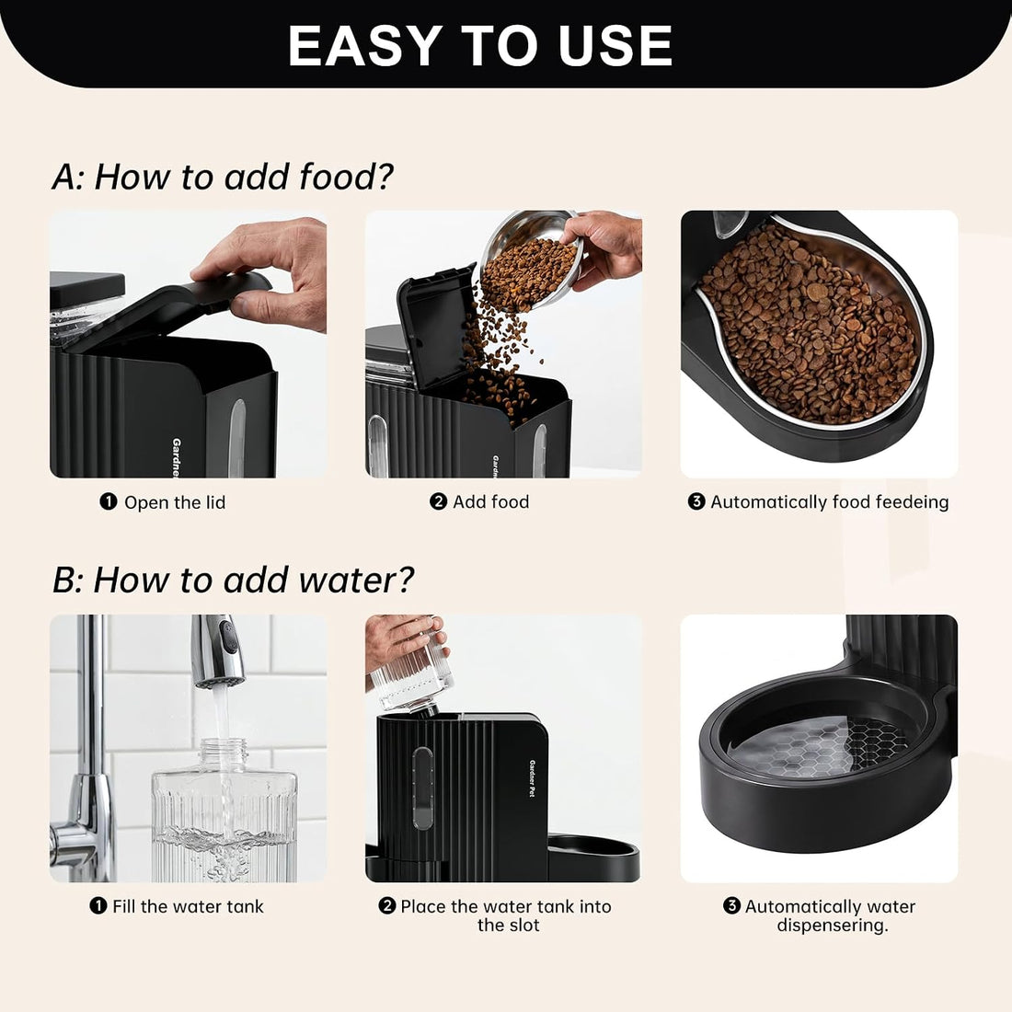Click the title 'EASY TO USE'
coord(480,45)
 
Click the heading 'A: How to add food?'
coord(223,177)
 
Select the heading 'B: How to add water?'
coord(233,580)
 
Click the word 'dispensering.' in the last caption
coord(833,926)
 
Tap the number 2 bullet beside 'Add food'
coord(438,501)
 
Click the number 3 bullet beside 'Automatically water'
coord(731,905)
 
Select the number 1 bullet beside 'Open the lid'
coord(109,501)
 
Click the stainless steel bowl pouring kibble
coord(529,259)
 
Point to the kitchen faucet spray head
coord(218,652)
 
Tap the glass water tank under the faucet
coord(224,810)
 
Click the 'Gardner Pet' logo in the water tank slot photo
coord(533,778)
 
